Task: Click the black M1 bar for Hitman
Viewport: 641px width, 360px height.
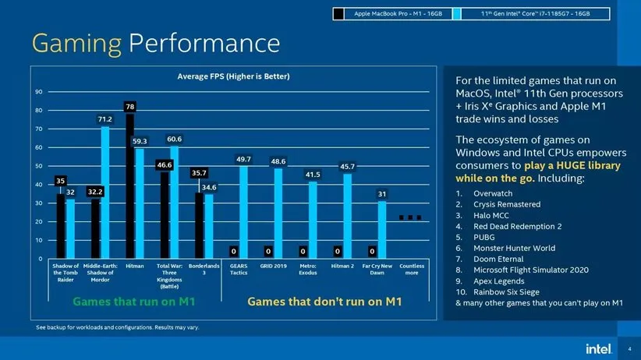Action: tap(129, 185)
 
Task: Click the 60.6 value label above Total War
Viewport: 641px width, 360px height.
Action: tap(175, 139)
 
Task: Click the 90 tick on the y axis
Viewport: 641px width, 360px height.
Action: tap(39, 92)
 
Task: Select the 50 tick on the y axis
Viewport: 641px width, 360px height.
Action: tap(39, 166)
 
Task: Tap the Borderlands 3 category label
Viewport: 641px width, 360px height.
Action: tap(204, 270)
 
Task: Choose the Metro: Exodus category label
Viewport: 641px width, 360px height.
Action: tap(308, 270)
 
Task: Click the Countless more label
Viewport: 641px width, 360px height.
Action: tap(412, 270)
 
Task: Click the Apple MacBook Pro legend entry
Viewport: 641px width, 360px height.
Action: tap(395, 13)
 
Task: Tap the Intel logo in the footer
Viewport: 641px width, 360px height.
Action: tap(595, 348)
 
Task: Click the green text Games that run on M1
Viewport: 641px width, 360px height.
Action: tap(133, 301)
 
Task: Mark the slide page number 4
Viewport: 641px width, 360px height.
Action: tap(629, 348)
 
